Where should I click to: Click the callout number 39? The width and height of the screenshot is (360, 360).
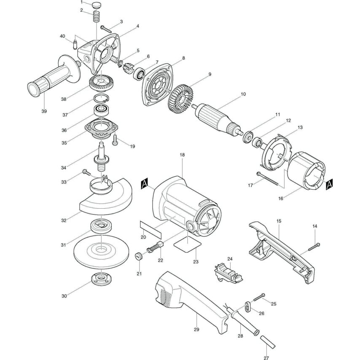44,111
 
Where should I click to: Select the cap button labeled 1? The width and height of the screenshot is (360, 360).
97,5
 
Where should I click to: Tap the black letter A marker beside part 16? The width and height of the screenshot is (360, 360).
330,183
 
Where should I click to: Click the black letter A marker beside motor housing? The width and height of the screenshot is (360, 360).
144,183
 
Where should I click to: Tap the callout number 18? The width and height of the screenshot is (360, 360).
182,155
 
